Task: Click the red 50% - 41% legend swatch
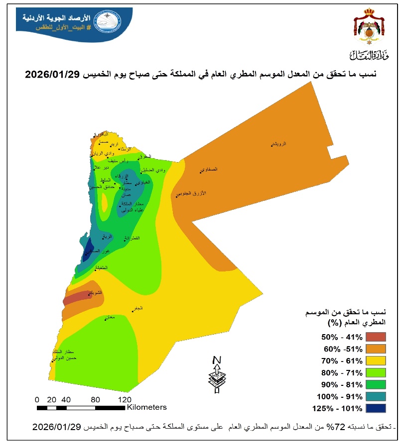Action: point(376,336)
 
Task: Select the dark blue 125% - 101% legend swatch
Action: point(376,409)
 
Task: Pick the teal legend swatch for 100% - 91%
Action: point(376,397)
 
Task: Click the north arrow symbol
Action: point(216,374)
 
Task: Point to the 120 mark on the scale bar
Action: point(125,399)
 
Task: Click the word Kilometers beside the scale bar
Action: point(147,407)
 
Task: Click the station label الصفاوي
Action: point(210,169)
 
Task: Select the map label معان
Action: point(110,317)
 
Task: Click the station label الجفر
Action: point(137,308)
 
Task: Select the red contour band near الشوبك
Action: point(75,298)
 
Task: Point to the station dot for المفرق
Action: point(138,159)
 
